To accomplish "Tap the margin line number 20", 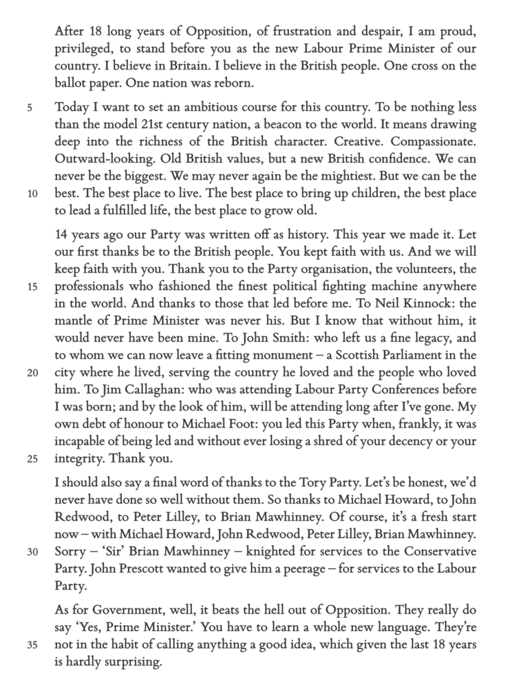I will point(32,373).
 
